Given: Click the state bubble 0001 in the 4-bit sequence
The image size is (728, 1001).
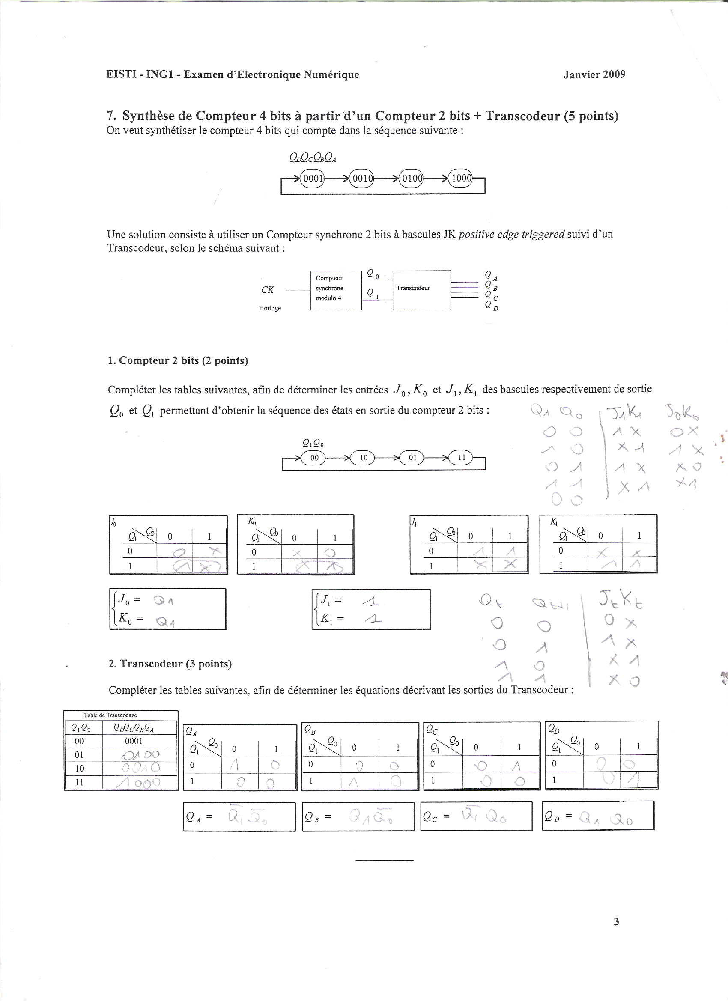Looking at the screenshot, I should [312, 178].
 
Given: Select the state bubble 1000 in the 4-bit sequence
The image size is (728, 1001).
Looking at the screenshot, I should [460, 178].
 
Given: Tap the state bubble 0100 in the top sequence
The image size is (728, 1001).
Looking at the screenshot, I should [411, 178].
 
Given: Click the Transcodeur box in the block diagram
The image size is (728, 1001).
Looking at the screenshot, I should [422, 290].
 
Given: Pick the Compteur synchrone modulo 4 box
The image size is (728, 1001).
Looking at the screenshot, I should [336, 290].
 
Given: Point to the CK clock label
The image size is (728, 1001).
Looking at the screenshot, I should [268, 289].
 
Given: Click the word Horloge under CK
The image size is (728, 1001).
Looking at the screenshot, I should [270, 308].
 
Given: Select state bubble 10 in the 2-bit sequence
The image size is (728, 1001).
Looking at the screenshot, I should [363, 457].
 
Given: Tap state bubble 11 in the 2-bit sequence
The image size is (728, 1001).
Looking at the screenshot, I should [461, 457].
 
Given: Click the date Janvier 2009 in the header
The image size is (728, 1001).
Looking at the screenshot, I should [594, 74].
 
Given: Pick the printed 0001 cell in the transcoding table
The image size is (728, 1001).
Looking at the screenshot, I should [134, 741].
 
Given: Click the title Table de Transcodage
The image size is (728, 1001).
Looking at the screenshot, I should [110, 715].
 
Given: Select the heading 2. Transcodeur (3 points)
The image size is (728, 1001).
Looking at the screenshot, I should [170, 664].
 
